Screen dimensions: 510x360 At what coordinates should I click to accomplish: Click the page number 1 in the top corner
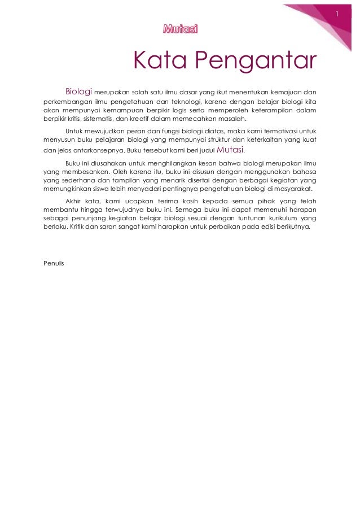pyautogui.click(x=336, y=13)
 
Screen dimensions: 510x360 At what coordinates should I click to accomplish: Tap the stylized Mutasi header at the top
pyautogui.click(x=180, y=29)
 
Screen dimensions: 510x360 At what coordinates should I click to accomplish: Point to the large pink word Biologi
pyautogui.click(x=79, y=91)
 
